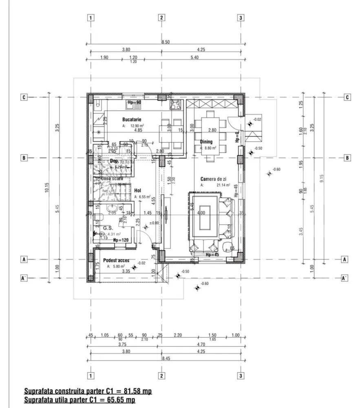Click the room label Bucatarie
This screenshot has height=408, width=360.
132,120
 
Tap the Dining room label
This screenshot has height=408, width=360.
206,142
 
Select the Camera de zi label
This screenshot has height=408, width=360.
213,179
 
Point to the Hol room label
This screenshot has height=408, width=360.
138,191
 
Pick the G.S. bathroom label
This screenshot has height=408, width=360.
108,228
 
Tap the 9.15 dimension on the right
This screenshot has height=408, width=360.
322,179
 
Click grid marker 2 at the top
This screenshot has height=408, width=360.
162,18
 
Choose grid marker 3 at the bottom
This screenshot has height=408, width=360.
241,375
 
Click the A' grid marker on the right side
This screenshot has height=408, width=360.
345,278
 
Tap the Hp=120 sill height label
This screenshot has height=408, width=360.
121,241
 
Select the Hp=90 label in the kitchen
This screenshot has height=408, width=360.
135,102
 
